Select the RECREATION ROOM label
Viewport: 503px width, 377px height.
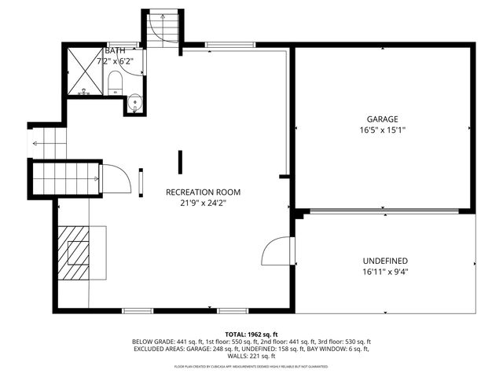[x=203, y=192]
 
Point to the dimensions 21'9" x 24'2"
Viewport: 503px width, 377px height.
[x=203, y=203]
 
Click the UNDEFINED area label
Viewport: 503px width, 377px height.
[x=385, y=261]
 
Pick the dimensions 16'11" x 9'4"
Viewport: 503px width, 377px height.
[x=385, y=273]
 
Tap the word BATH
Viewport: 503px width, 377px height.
[x=105, y=50]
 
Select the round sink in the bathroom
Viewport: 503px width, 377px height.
[x=134, y=101]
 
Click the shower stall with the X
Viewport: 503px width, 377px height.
[x=83, y=71]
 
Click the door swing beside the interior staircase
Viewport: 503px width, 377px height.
[x=114, y=178]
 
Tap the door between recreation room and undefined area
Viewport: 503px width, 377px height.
[x=277, y=252]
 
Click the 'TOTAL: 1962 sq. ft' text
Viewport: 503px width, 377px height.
[x=251, y=335]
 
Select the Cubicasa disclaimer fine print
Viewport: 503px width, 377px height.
[x=251, y=366]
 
